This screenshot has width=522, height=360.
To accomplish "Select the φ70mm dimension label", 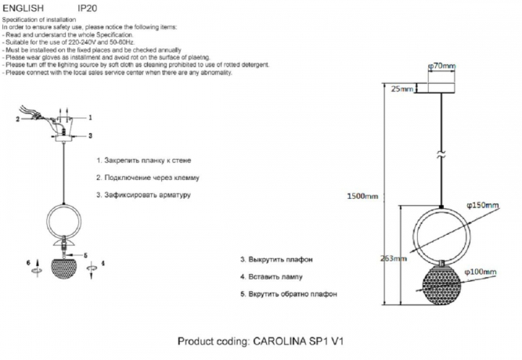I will pyautogui.click(x=442, y=67).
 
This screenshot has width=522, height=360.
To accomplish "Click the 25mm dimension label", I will pyautogui.click(x=401, y=90).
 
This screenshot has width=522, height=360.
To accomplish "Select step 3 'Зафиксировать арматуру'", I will pyautogui.click(x=144, y=193).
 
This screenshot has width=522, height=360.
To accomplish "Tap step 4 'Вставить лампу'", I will pyautogui.click(x=272, y=277).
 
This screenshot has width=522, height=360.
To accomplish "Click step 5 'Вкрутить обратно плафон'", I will pyautogui.click(x=289, y=295).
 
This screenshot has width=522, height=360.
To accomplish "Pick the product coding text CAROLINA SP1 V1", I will pyautogui.click(x=261, y=342).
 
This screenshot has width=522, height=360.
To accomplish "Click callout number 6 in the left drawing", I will pyautogui.click(x=29, y=262).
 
